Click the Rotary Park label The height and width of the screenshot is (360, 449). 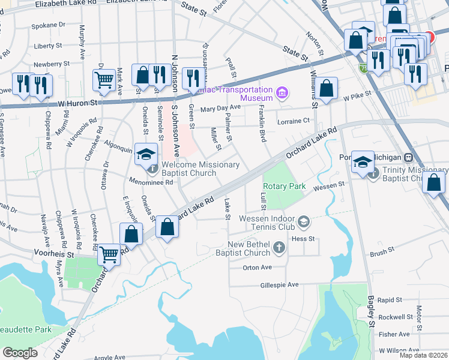point(285,187)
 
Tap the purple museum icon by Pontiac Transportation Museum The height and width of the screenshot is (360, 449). point(282,93)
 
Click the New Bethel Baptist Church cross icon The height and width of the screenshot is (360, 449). point(279,247)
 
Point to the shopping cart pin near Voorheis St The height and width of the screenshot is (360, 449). point(109,254)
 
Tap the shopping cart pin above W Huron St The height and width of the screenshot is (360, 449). point(104,80)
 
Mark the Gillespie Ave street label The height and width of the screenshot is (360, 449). point(279,285)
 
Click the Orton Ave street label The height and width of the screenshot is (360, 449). point(258,268)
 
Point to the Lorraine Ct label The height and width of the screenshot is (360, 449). point(293,121)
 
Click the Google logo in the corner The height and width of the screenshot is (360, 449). point(20,353)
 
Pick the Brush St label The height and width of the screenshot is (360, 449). point(382,253)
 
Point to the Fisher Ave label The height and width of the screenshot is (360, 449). point(394,334)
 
